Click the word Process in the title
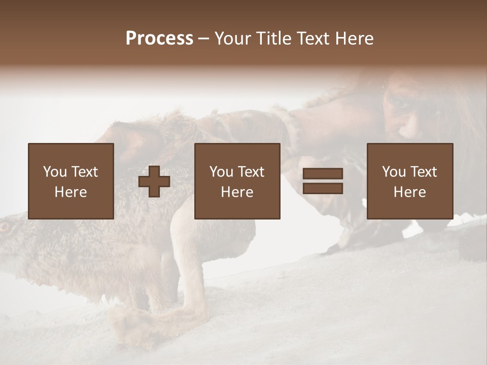click(159, 39)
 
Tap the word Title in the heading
click(273, 39)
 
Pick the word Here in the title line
click(354, 39)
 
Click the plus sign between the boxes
click(154, 181)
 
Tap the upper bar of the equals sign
click(323, 173)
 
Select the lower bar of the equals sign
click(323, 188)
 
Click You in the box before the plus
click(54, 172)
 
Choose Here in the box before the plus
click(71, 192)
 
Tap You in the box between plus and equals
click(221, 172)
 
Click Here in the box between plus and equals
click(237, 192)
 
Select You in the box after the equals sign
click(394, 172)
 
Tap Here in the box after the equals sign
click(410, 192)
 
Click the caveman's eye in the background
click(402, 104)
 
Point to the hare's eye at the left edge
click(5, 226)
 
